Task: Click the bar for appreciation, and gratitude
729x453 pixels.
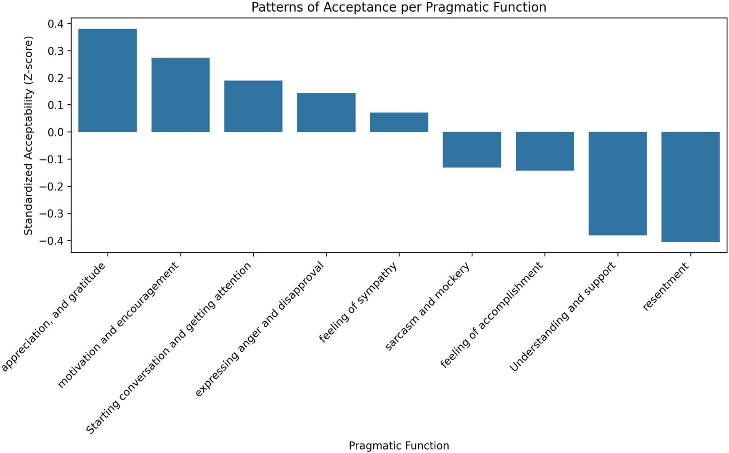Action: [107, 80]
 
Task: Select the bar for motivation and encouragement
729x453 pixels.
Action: [180, 95]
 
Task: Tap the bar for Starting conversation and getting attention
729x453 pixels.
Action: [253, 106]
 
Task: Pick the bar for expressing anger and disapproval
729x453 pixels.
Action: [326, 112]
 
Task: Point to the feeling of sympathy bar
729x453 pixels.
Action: [399, 122]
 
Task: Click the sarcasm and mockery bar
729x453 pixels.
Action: [472, 150]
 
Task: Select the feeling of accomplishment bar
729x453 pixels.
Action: [545, 151]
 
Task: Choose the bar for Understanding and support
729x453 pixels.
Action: [618, 183]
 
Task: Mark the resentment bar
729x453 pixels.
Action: [691, 187]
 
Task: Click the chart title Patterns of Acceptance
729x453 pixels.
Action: [399, 7]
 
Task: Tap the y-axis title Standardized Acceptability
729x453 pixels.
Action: [28, 136]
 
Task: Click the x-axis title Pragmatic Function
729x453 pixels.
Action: [399, 445]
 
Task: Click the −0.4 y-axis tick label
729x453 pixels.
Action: [52, 241]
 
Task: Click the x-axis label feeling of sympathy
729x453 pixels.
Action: [358, 303]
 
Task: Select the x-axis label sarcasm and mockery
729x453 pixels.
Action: [428, 307]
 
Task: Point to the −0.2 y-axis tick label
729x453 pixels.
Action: [52, 187]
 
